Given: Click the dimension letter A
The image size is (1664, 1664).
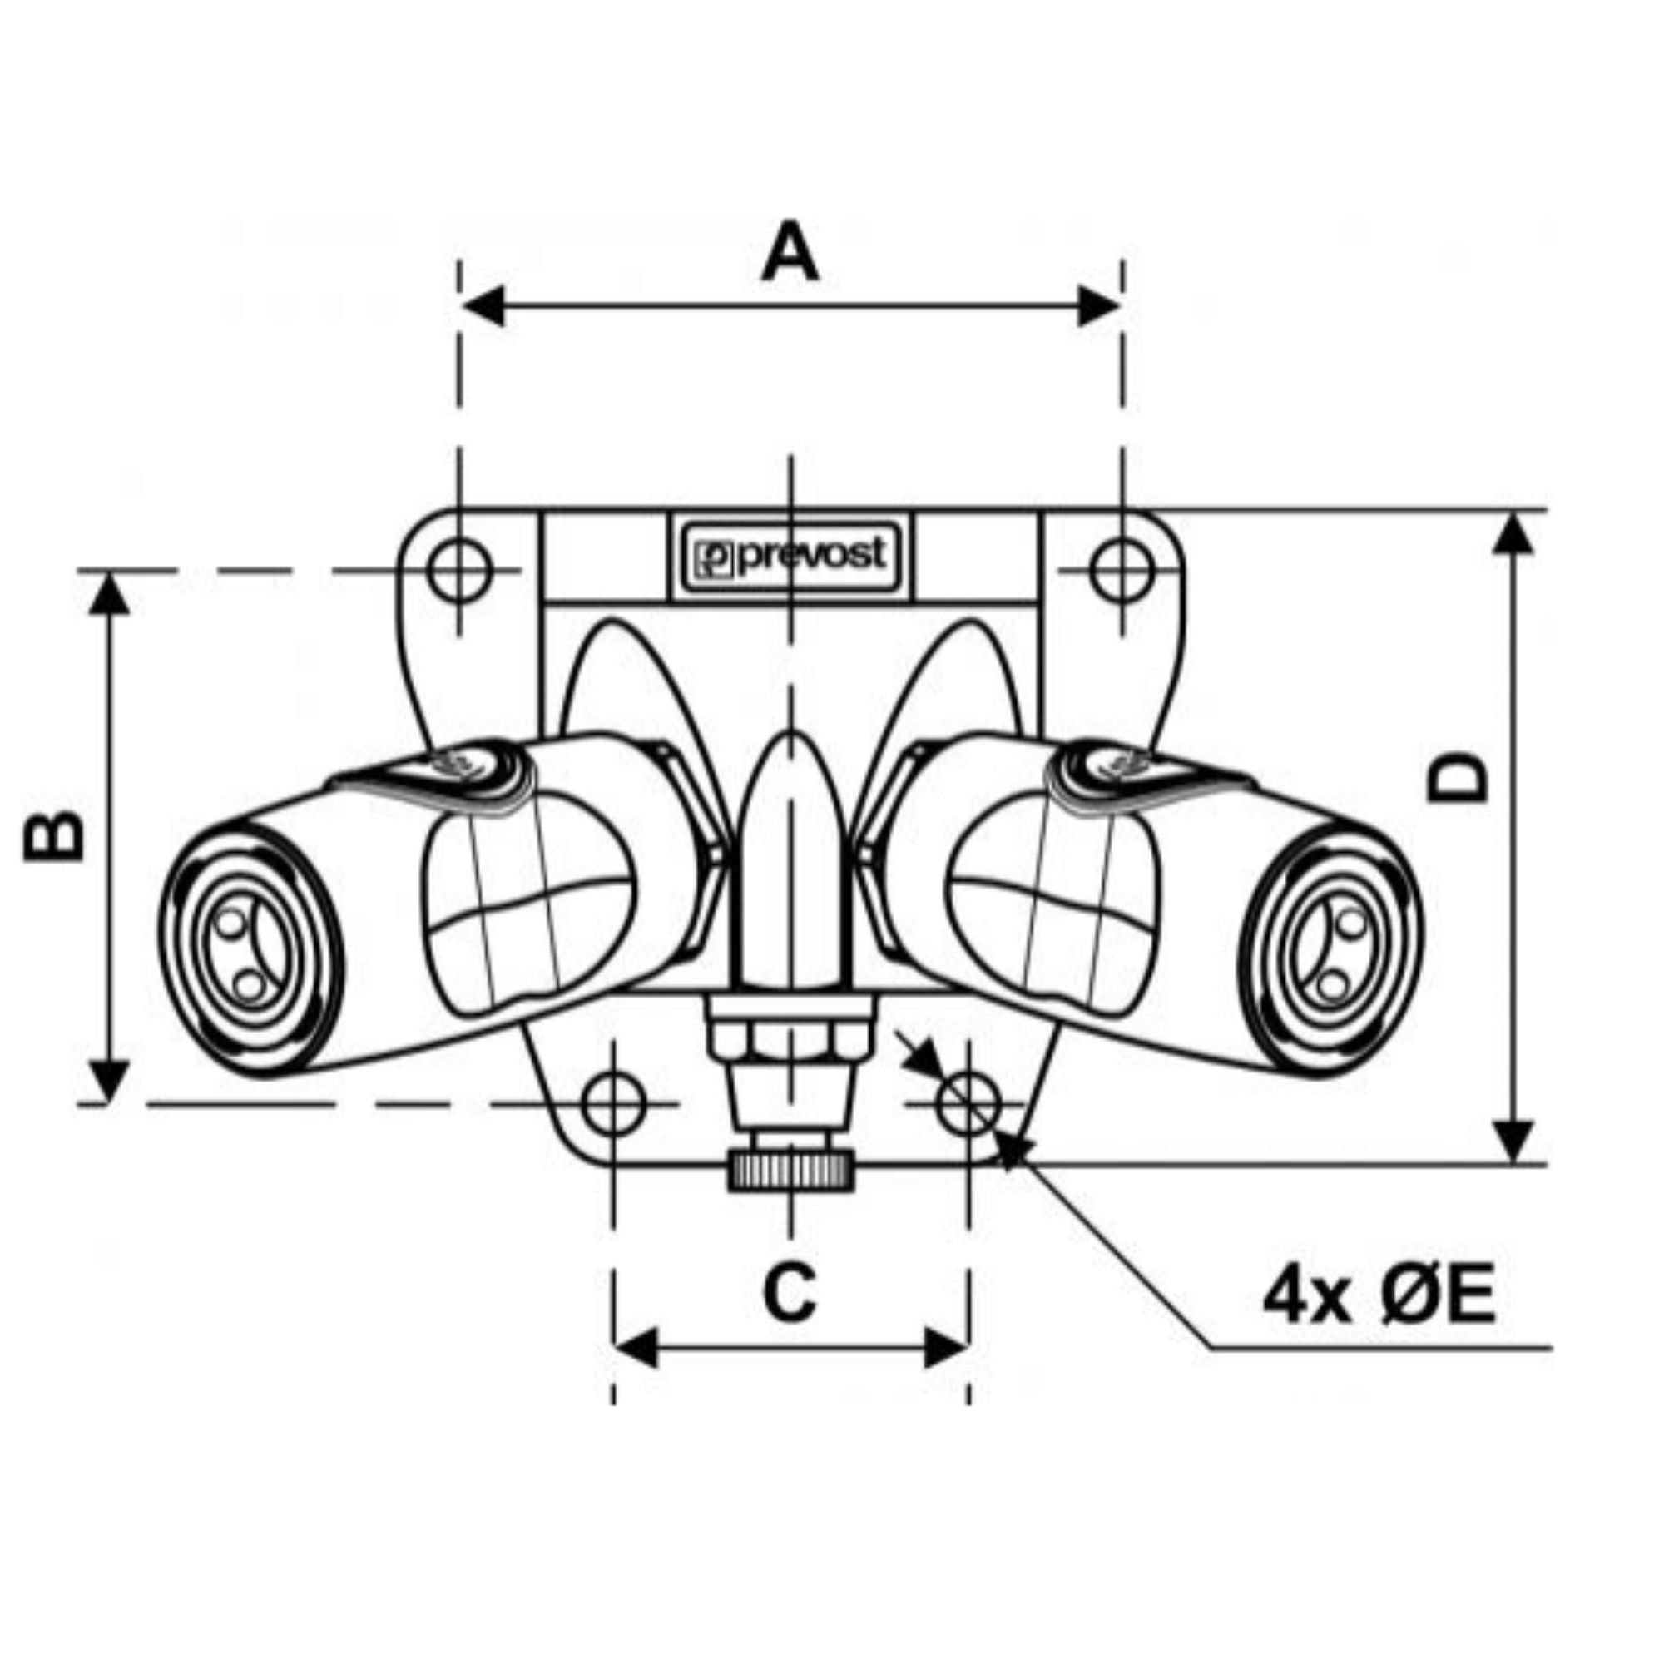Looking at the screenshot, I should [790, 252].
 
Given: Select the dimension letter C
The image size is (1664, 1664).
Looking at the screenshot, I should [790, 1293].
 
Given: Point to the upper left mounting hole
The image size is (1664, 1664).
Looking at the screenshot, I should [460, 570].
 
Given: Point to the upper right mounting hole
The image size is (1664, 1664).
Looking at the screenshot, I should [1122, 570].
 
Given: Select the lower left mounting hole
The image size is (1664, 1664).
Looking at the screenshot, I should [613, 1103].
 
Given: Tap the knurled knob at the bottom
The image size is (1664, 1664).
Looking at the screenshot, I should [791, 1171].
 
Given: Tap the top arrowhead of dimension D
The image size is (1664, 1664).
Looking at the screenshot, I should [1513, 534].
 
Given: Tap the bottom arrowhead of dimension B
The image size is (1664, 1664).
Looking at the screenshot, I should [109, 1080].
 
